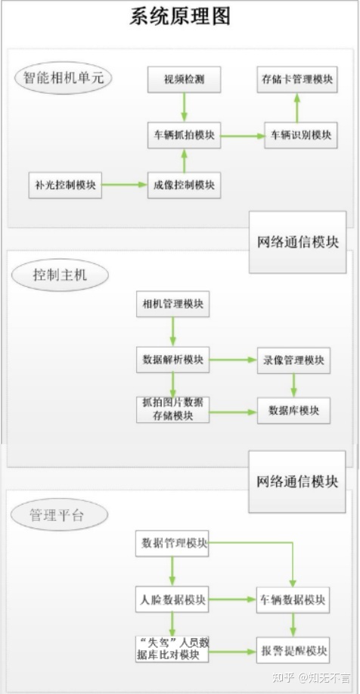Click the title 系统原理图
click(x=180, y=17)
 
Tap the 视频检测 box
click(x=184, y=79)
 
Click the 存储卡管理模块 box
click(x=296, y=79)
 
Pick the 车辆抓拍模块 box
click(x=184, y=135)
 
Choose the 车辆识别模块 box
click(x=301, y=135)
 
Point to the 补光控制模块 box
click(x=65, y=185)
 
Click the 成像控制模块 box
click(x=184, y=185)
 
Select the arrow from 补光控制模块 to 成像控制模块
click(x=125, y=185)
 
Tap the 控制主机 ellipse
click(x=60, y=275)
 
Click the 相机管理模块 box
click(x=172, y=304)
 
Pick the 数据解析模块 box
click(x=172, y=359)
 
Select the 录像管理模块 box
click(x=293, y=359)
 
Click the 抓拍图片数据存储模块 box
click(x=172, y=410)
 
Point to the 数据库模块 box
click(x=293, y=411)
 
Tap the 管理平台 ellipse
click(x=59, y=515)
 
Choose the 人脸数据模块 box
click(x=172, y=599)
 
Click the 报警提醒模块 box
click(x=293, y=650)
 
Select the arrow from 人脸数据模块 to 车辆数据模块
click(x=232, y=599)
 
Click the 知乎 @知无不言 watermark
click(x=312, y=677)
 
